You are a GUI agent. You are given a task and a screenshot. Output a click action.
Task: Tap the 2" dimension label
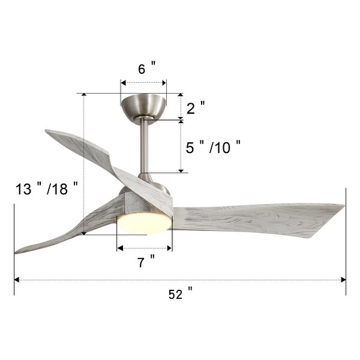pyautogui.click(x=195, y=108)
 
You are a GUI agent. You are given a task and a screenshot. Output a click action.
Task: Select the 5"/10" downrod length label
pyautogui.click(x=213, y=147)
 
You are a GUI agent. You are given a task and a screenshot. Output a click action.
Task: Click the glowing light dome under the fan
pyautogui.click(x=144, y=223)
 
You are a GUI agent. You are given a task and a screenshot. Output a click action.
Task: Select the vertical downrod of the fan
pyautogui.click(x=145, y=147)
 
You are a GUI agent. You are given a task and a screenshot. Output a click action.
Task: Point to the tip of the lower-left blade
pyautogui.click(x=18, y=251)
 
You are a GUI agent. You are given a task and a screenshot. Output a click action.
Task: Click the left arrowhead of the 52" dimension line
pyautogui.click(x=16, y=280)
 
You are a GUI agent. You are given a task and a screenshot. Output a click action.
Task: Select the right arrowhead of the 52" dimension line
pyautogui.click(x=344, y=280)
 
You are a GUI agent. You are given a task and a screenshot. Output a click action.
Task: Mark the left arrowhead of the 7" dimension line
pyautogui.click(x=119, y=247)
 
